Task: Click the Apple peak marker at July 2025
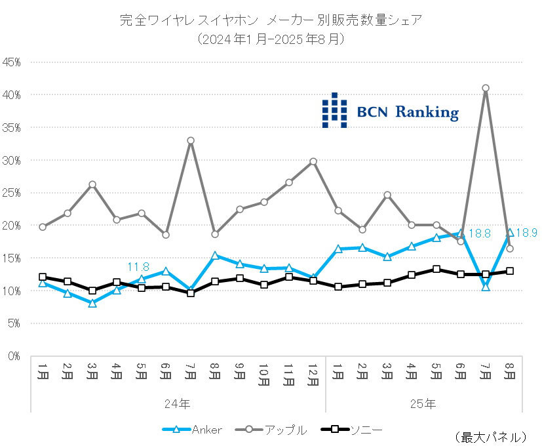[486, 88]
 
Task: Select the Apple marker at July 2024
[191, 140]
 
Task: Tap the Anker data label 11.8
[138, 267]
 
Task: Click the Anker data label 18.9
[526, 232]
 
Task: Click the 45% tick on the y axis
[12, 62]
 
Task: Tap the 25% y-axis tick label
[12, 193]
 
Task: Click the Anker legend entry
[193, 430]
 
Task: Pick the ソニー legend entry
[351, 430]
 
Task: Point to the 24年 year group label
[178, 403]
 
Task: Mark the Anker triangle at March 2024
[92, 303]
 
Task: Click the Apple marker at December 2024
[313, 161]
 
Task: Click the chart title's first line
[271, 20]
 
